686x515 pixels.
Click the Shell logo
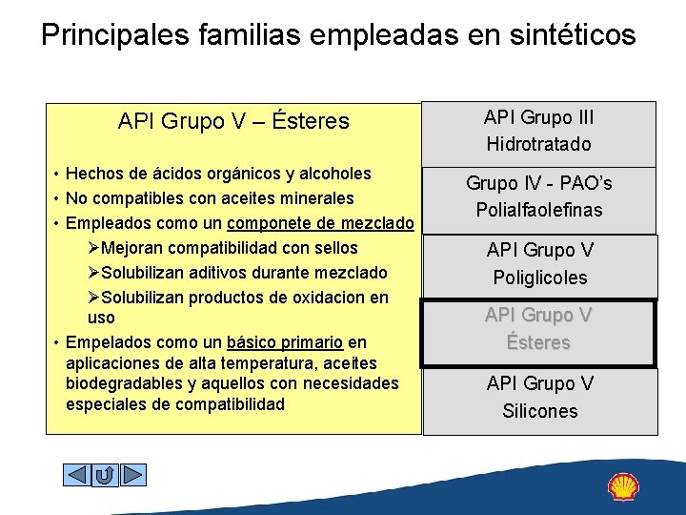[623, 486]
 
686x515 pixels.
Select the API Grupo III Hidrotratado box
[538, 132]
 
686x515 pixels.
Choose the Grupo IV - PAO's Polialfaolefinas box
[538, 196]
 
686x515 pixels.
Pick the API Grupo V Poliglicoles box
[540, 264]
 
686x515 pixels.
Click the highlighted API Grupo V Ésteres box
[539, 329]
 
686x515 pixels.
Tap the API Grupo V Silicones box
[540, 398]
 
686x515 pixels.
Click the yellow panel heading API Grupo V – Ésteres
[233, 122]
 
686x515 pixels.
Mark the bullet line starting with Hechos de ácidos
[218, 174]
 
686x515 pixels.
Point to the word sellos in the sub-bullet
[336, 248]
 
